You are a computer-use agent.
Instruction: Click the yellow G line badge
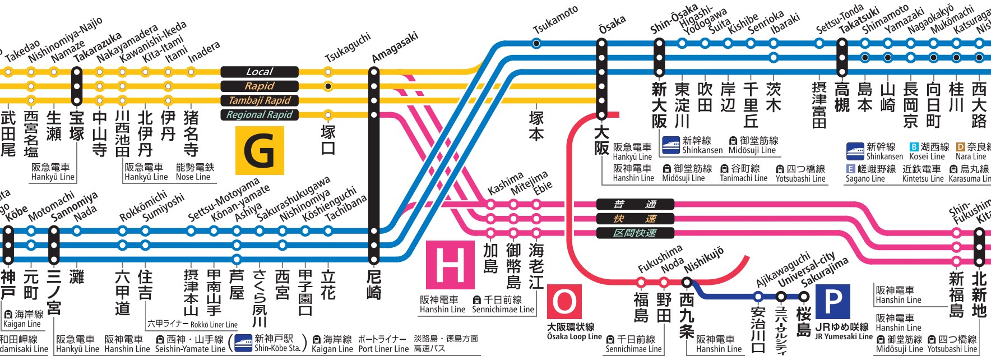260,150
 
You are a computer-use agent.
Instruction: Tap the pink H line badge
450,264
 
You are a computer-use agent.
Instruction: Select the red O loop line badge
564,302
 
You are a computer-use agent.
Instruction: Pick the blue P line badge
832,302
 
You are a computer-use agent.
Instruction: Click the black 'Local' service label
259,72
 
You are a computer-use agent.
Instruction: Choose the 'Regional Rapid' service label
259,115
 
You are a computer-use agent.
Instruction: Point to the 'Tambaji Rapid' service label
259,100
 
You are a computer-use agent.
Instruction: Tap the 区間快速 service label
635,233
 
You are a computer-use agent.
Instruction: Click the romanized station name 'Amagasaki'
395,47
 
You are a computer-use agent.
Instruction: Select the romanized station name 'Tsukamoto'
555,21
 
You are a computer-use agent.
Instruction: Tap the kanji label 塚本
536,125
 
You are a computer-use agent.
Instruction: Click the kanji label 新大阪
659,105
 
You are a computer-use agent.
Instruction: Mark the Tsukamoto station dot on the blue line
536,43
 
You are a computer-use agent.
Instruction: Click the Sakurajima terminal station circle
804,297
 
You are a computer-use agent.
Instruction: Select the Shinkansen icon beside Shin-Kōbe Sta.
243,343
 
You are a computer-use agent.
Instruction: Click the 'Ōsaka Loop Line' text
574,336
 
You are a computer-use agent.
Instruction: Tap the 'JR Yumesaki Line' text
844,336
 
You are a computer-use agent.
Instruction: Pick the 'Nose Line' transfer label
193,177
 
